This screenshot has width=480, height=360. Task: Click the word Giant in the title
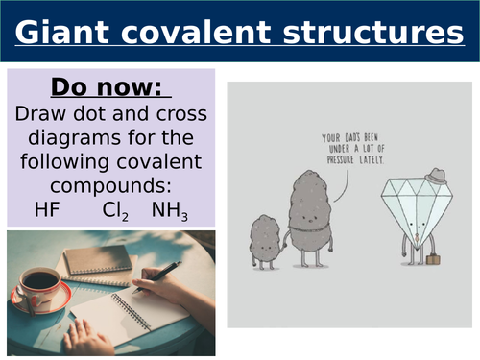click(62, 36)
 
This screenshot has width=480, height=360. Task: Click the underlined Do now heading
click(109, 88)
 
